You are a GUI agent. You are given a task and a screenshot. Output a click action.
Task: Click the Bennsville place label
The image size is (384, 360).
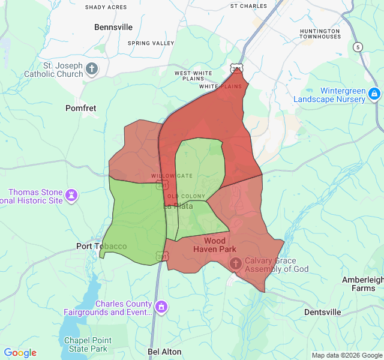pos(114,27)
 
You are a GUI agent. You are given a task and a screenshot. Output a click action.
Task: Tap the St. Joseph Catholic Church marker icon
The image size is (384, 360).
pos(92,68)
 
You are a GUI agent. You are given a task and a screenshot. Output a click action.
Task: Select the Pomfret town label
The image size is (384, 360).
pos(80,108)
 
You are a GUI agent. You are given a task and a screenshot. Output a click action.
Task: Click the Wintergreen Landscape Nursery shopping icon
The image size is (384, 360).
pos(374,94)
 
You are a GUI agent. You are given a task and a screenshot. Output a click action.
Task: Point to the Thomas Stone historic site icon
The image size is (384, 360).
pos(72,195)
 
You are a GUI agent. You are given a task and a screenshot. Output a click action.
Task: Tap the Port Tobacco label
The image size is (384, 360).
pos(101,246)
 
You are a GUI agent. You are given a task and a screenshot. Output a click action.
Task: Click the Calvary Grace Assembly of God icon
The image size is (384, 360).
pos(236,263)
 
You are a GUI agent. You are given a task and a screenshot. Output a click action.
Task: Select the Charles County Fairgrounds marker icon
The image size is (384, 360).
pos(161,307)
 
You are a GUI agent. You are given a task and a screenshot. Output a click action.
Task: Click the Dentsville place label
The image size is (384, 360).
pos(322,312)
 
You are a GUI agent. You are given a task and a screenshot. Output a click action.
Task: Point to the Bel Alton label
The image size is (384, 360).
pos(164,352)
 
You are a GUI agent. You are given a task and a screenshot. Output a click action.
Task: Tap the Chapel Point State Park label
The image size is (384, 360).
pos(86,344)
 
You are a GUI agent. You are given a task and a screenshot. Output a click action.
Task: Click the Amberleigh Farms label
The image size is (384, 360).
pos(362,284)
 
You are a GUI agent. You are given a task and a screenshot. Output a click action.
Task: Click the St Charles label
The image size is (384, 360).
pos(248,6)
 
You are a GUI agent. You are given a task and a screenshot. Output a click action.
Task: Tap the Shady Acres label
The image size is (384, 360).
pos(106,7)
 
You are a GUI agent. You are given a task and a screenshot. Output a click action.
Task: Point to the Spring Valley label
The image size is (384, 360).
pos(151,43)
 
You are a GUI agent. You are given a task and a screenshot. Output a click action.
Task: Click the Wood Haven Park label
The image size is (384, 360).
pos(215,245)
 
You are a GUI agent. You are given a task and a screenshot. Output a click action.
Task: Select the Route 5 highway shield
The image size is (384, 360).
pos(358,47)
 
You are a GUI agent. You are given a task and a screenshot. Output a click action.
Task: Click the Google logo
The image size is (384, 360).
pos(20,353)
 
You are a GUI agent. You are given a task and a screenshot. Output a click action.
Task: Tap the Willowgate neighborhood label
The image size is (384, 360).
pos(172,176)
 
